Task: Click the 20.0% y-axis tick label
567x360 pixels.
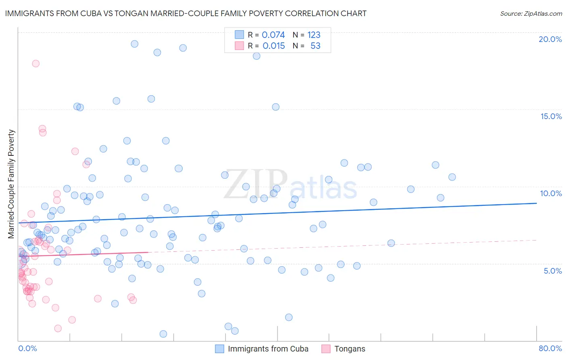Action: point(550,39)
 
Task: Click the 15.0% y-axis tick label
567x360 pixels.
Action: point(551,116)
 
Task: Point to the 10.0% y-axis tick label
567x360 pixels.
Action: point(551,193)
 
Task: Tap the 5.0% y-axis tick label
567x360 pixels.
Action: point(552,271)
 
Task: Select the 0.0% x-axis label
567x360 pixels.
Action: point(27,348)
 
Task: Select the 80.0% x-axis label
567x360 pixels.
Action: point(550,348)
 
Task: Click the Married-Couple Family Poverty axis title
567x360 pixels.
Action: point(11,184)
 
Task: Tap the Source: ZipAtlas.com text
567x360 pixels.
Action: point(531,13)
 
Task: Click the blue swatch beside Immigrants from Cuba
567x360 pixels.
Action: point(219,349)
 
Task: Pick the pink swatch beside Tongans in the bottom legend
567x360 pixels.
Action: point(326,349)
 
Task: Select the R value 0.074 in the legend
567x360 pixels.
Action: point(273,35)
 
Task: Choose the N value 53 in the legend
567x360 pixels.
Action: point(315,46)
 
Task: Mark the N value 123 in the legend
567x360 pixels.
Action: point(314,35)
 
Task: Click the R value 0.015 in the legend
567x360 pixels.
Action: point(274,46)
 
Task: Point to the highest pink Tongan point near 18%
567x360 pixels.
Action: point(35,63)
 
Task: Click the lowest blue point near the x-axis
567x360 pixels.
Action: point(163,334)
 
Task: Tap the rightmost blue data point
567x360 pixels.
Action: point(452,177)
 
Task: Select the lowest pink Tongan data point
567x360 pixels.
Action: point(58,329)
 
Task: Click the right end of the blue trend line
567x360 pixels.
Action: point(536,203)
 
